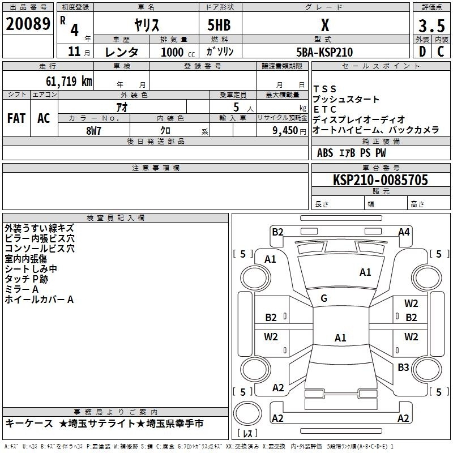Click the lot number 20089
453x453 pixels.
[x=28, y=24]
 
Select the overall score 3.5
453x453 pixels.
[x=431, y=25]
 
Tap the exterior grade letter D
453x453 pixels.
[x=422, y=52]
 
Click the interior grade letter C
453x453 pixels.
[x=441, y=52]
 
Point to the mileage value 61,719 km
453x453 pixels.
[x=69, y=81]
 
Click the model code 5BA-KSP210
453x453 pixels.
[x=324, y=52]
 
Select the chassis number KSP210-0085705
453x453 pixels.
[x=381, y=180]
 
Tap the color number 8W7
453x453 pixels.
[x=93, y=131]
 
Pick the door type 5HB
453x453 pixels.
[x=219, y=25]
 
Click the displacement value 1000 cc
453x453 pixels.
[x=178, y=52]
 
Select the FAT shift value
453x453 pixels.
[x=16, y=118]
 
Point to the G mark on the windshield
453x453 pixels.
[x=324, y=298]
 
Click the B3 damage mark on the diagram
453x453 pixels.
[x=403, y=367]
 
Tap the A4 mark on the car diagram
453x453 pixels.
[x=404, y=232]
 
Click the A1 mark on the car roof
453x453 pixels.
[x=340, y=337]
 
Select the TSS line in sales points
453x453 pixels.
[x=324, y=89]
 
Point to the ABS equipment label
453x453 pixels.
[x=325, y=153]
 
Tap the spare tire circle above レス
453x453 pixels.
[x=247, y=413]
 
